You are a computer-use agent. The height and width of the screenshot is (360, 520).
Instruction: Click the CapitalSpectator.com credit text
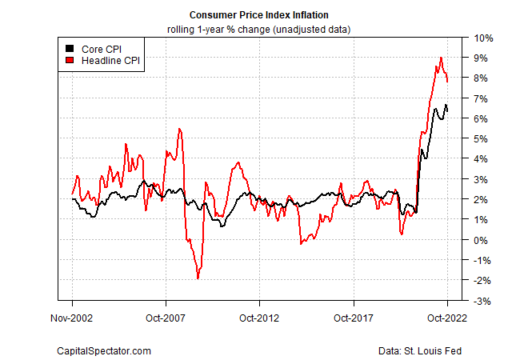104,350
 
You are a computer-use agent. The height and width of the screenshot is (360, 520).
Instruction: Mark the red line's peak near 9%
441,58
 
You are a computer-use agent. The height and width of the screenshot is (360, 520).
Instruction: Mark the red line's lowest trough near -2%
198,278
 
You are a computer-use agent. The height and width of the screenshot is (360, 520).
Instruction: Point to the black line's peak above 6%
446,105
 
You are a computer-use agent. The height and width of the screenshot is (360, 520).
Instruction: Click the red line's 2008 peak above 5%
180,129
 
